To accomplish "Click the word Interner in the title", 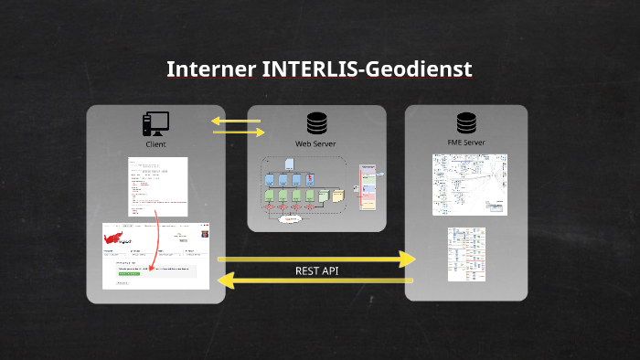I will [x=208, y=69].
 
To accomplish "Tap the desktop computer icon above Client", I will [x=155, y=123].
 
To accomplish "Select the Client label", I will [x=155, y=144].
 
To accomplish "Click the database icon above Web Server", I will [x=316, y=123].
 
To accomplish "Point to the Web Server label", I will [x=316, y=144].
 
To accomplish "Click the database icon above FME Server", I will [x=466, y=123].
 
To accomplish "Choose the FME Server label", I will [x=466, y=143].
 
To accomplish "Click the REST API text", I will [x=316, y=270].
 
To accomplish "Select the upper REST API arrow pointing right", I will [x=316, y=259].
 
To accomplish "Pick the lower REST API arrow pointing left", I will [x=316, y=282].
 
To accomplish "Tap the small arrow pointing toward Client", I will [x=234, y=121].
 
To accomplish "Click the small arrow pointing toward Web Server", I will [x=240, y=132].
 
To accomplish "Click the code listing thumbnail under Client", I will [x=158, y=186].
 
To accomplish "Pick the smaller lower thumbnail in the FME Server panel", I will [x=465, y=254].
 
